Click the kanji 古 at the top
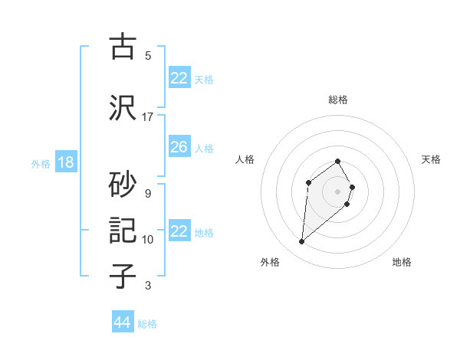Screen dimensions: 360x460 click(123, 47)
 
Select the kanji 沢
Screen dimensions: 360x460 click(123, 106)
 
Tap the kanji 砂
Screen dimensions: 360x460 click(123, 182)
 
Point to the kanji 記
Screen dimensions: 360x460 click(123, 230)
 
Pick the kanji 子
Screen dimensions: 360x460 click(123, 276)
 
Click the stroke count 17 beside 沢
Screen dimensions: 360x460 click(147, 117)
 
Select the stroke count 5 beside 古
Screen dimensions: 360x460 click(147, 56)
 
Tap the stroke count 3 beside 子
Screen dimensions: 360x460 click(147, 286)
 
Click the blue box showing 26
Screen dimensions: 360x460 click(179, 146)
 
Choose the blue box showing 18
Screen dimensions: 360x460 click(65, 162)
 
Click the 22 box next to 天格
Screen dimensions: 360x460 click(179, 78)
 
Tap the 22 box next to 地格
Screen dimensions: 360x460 click(179, 231)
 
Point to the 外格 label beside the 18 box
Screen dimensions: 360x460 click(41, 164)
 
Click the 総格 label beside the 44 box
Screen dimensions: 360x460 click(147, 324)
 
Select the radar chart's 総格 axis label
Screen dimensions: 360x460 click(338, 100)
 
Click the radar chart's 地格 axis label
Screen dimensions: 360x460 click(402, 262)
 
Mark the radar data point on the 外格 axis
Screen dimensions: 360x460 click(302, 242)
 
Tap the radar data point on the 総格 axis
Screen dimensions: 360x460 click(338, 161)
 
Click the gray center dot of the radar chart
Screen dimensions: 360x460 click(338, 191)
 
